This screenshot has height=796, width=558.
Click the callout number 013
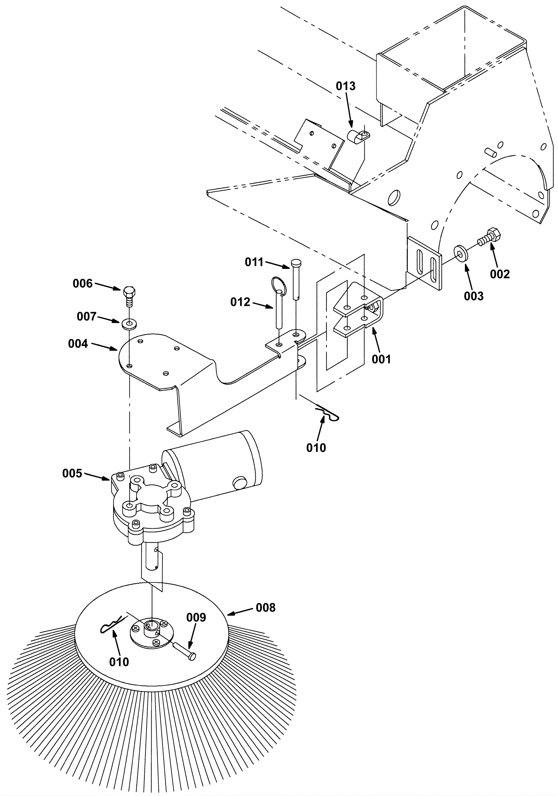tap(346, 86)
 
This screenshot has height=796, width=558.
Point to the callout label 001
tap(382, 359)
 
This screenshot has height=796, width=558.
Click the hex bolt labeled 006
tap(129, 296)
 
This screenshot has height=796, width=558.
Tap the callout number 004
tap(78, 344)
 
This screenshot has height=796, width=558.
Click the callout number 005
tap(72, 473)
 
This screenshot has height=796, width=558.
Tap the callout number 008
tap(266, 608)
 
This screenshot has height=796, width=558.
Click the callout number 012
tap(240, 302)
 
